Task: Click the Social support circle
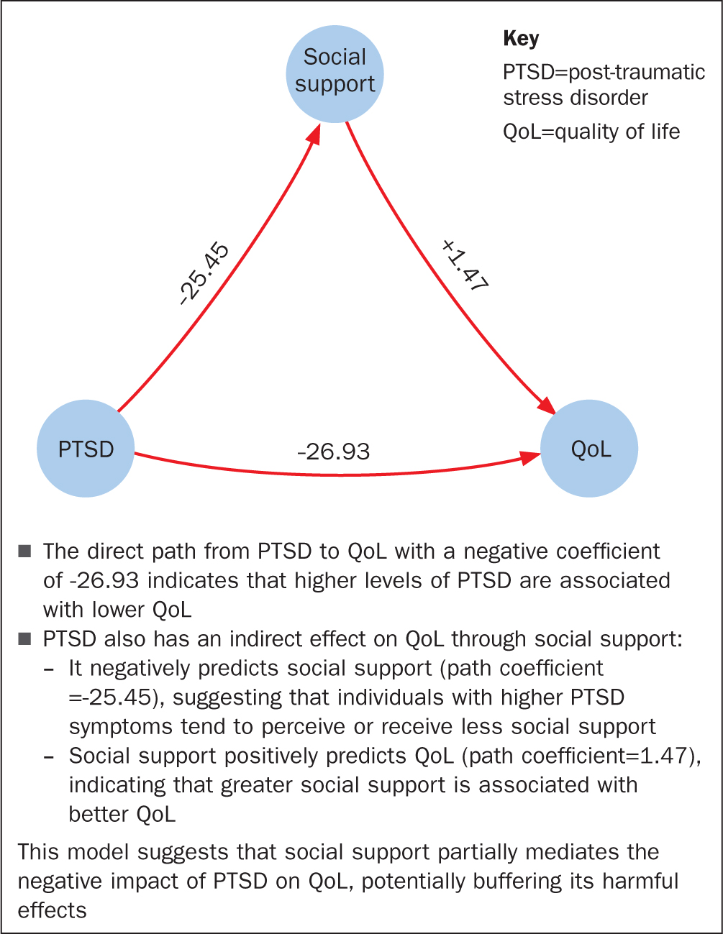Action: [x=335, y=74]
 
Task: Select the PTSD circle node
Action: [x=86, y=448]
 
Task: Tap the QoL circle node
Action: [x=589, y=448]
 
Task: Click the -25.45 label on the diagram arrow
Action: [x=204, y=274]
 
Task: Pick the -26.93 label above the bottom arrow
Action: [x=334, y=452]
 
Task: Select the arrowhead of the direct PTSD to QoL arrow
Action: [x=530, y=457]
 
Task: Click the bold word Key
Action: [x=521, y=39]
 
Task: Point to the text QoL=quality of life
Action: [x=591, y=132]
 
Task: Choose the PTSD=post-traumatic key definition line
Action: [x=604, y=73]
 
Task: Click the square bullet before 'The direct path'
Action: [x=24, y=551]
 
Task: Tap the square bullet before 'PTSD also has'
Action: [x=24, y=638]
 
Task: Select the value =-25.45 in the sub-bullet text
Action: [x=112, y=697]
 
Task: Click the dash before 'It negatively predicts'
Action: [x=49, y=669]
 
